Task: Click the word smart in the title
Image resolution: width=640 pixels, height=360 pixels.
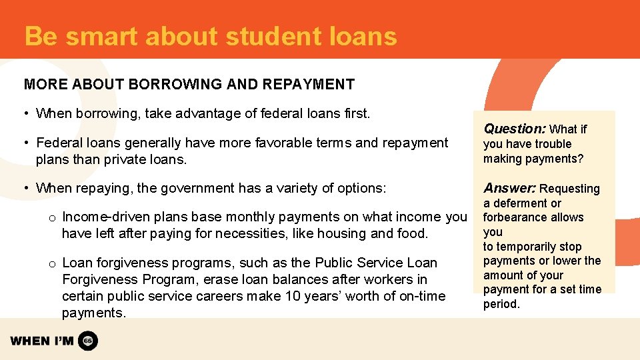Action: click(x=99, y=36)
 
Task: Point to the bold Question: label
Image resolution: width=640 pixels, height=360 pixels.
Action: click(x=515, y=129)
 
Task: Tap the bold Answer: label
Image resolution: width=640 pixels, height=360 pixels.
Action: click(x=510, y=188)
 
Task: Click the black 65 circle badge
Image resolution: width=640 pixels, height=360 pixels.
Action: click(x=88, y=341)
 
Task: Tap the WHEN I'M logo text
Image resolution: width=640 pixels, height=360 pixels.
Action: click(x=41, y=341)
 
